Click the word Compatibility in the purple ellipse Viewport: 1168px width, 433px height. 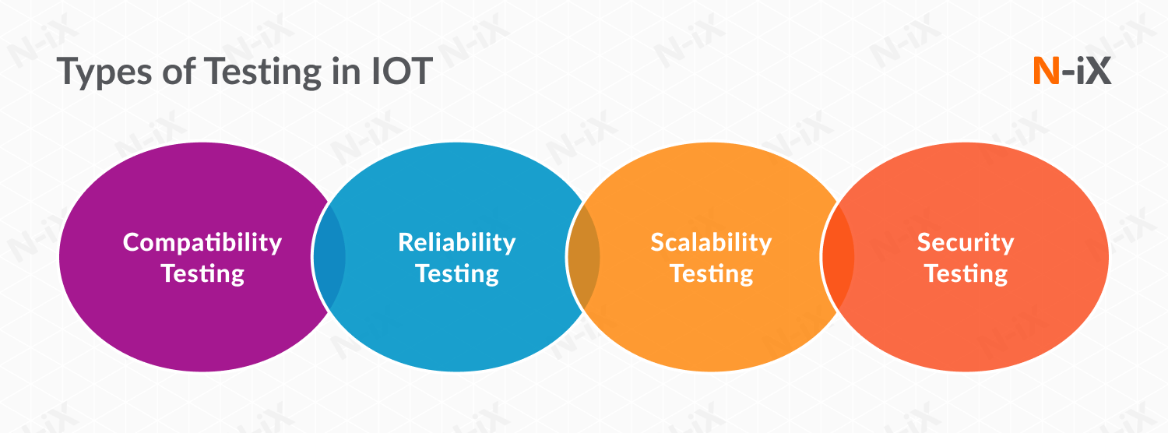(202, 242)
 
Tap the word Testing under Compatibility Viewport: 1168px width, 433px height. (202, 273)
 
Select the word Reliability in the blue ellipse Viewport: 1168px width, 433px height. (457, 242)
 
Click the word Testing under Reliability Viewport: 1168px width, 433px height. (457, 273)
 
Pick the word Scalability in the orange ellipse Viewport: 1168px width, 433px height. (711, 242)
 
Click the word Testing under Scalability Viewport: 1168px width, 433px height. (711, 273)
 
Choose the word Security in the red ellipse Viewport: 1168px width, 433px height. (966, 242)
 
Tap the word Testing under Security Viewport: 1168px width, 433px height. (966, 273)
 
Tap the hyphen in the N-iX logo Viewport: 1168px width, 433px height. (1068, 74)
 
